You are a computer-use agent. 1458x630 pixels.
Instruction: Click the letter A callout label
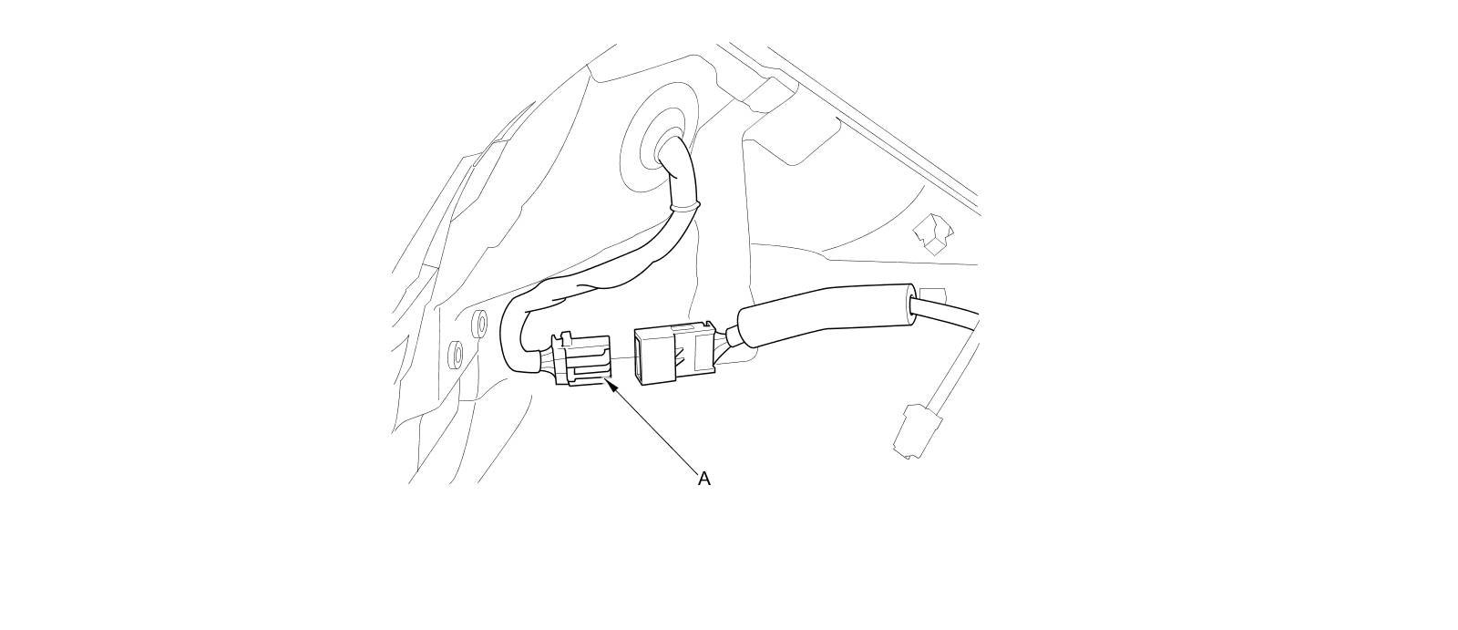coord(703,478)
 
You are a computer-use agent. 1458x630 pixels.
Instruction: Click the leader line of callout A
coord(656,429)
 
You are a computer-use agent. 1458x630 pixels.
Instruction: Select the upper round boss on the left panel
coord(478,323)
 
